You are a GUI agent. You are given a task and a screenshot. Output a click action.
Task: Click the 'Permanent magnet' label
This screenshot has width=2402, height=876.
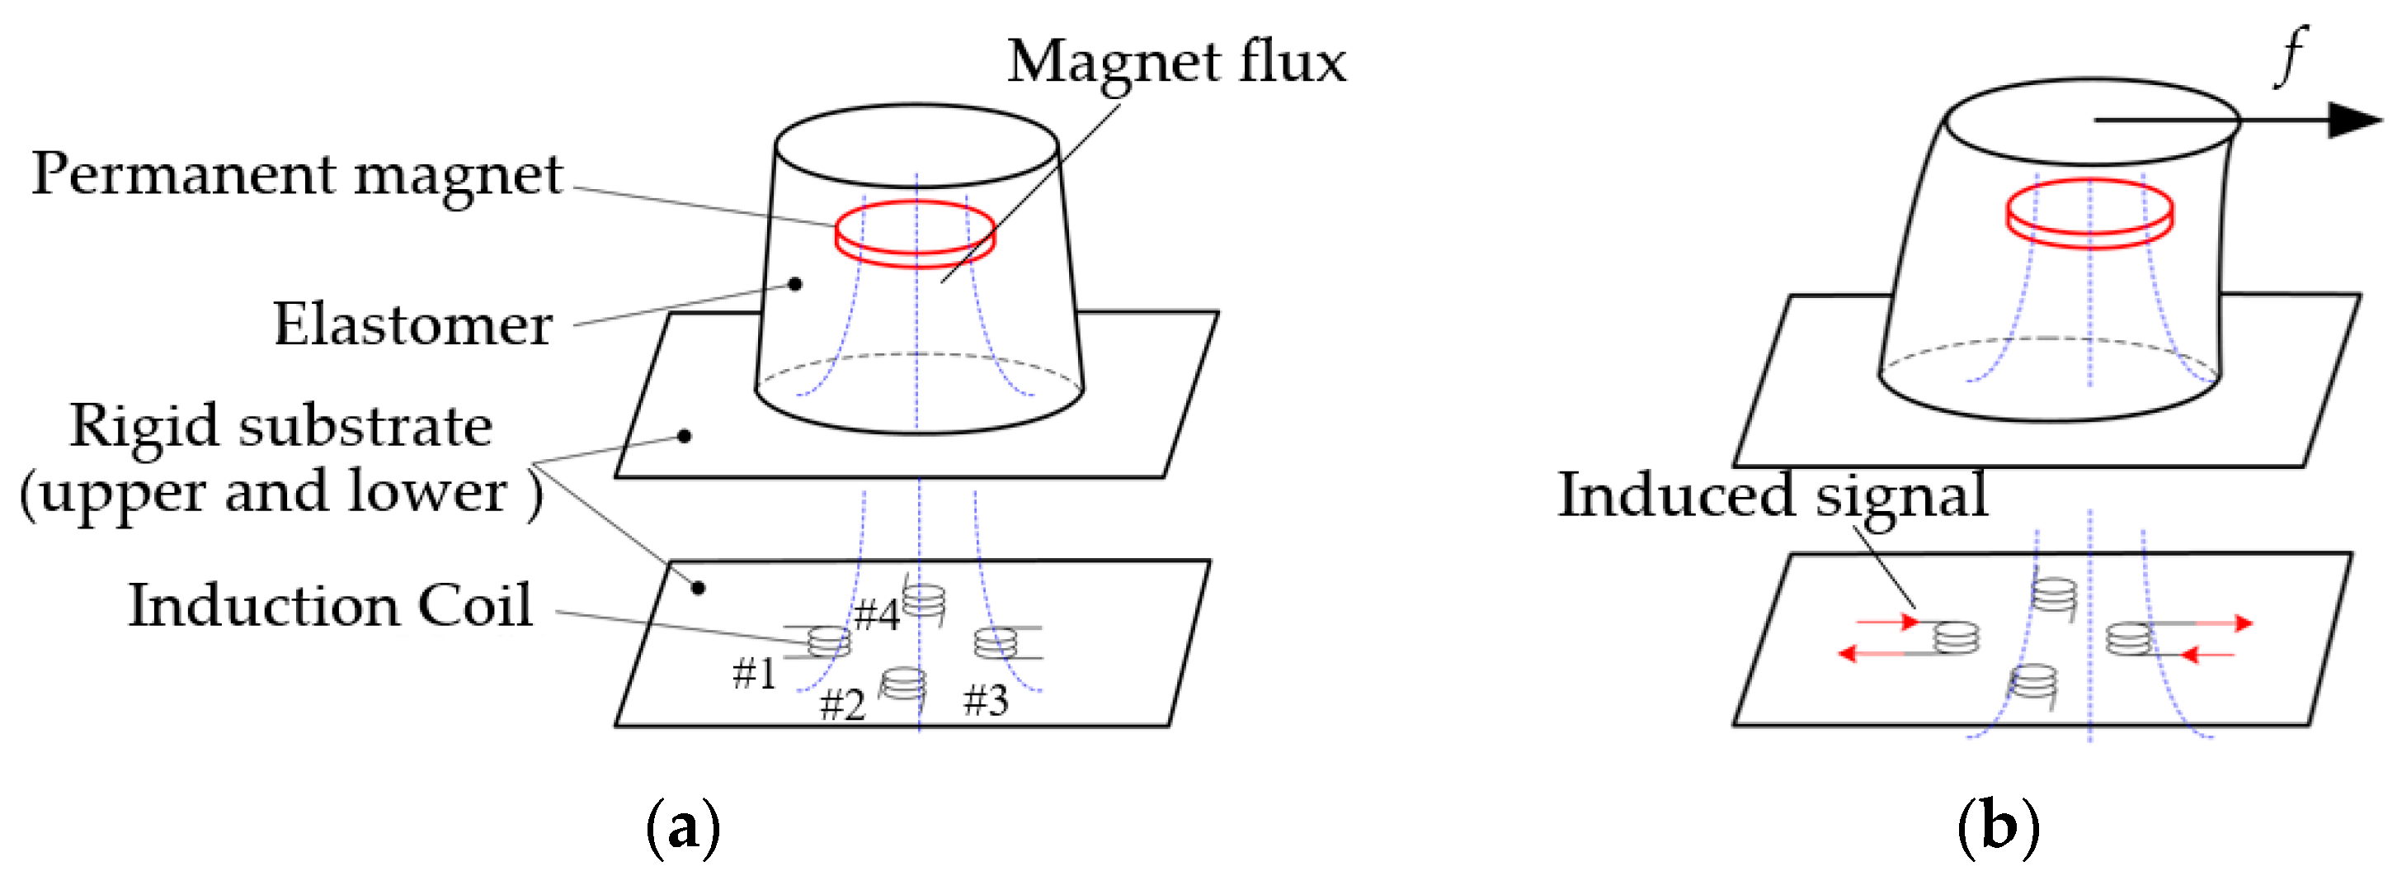[x=296, y=175]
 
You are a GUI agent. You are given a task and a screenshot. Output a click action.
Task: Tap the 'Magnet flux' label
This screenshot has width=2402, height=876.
[x=1177, y=64]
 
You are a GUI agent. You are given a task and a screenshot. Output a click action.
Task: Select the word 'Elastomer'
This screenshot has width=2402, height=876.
[x=412, y=325]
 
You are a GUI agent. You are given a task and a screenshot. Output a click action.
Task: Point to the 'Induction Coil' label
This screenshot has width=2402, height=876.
[x=330, y=606]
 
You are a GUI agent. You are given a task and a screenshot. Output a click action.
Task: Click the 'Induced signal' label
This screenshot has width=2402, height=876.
[x=1773, y=495]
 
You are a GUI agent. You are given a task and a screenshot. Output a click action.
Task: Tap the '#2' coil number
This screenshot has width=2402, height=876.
[x=842, y=704]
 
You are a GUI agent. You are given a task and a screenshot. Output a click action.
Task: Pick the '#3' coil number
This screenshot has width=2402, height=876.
[x=986, y=699]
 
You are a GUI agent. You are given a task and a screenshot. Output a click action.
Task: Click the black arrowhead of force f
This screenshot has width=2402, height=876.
[x=2353, y=121]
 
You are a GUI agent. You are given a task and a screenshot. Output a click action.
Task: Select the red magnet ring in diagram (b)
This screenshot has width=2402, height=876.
[x=2089, y=214]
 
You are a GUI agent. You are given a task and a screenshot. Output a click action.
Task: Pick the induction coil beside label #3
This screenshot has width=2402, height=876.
[x=996, y=643]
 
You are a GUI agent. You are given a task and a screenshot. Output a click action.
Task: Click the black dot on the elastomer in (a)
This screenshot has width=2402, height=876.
[x=795, y=283]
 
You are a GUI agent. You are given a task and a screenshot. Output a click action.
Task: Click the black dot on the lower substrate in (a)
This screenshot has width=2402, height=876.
[x=698, y=588]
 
